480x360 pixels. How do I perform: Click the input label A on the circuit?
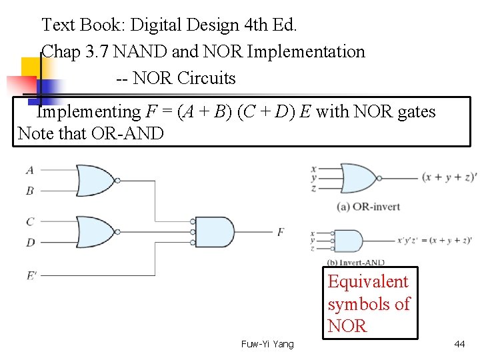pos(30,170)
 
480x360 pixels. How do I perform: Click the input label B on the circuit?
pos(30,191)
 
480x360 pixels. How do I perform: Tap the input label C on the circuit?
pos(30,221)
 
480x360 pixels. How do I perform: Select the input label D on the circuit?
pos(30,243)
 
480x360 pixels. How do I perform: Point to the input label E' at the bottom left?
pos(31,275)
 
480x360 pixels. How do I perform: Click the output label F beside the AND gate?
pos(281,232)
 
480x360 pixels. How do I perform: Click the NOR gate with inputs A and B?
pos(97,181)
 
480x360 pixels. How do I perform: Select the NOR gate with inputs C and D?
pos(97,232)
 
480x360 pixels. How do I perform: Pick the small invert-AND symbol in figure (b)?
pos(349,239)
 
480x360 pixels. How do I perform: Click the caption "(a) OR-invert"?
pos(369,207)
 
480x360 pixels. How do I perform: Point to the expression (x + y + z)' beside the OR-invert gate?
pos(448,177)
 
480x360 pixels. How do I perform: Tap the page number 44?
pos(459,344)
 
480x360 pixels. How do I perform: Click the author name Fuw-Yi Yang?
pos(267,344)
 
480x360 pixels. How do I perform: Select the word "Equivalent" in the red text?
pos(367,282)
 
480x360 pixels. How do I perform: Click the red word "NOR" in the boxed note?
pos(347,326)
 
